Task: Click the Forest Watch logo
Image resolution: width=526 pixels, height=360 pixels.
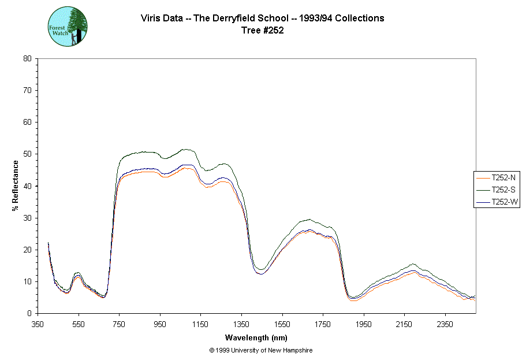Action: [68, 27]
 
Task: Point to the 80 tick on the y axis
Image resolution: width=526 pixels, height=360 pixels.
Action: [27, 58]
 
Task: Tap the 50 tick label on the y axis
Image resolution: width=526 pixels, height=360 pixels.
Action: [27, 154]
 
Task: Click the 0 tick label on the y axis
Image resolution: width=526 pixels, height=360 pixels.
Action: [29, 314]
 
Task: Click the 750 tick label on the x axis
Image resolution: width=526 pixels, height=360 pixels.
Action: [120, 324]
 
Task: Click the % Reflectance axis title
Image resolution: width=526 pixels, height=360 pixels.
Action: [16, 185]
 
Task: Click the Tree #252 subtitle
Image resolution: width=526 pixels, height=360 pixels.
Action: [263, 31]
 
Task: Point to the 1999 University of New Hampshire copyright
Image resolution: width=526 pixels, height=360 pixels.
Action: [261, 351]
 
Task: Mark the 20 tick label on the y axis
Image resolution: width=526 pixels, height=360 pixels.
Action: [27, 250]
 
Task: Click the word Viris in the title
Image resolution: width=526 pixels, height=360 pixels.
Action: [151, 18]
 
